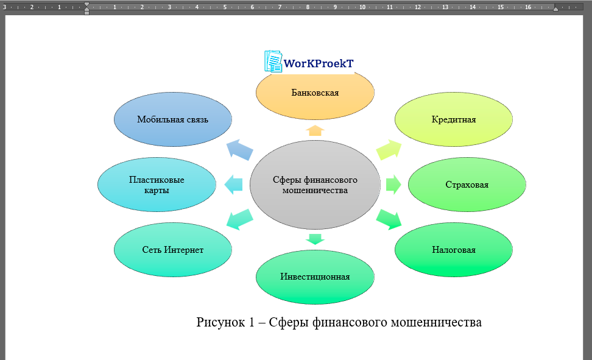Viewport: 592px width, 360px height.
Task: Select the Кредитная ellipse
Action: coord(454,119)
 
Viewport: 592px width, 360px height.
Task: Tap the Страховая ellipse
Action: coord(467,185)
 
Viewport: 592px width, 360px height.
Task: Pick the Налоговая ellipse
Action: coord(454,250)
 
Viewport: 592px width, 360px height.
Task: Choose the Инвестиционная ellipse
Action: coord(315,277)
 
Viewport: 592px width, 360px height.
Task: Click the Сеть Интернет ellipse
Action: coord(173,250)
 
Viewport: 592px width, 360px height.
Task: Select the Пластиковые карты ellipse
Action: coord(157,185)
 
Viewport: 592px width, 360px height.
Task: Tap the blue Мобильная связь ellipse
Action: coord(173,119)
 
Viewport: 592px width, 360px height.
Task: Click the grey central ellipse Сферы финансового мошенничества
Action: coord(315,185)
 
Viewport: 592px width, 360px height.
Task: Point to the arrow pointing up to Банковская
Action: coord(315,130)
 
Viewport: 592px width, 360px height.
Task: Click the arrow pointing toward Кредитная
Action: coord(389,149)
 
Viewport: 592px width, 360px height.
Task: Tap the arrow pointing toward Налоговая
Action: coord(389,219)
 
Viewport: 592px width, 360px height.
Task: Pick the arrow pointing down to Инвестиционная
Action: coord(315,238)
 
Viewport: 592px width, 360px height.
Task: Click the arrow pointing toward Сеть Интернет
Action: coord(240,219)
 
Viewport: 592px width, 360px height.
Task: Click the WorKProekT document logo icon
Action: coord(273,62)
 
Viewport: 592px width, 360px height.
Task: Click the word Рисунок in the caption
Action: coord(218,322)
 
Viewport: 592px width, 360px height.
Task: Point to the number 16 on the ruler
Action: coord(527,7)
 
